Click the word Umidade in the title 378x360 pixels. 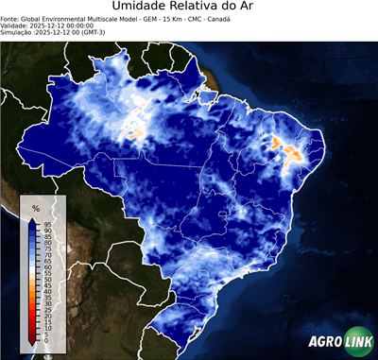[x=141, y=9]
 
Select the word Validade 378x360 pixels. [x=16, y=26]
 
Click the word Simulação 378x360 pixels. [x=18, y=32]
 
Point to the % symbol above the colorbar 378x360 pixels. [x=36, y=207]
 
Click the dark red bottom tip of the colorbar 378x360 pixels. [x=32, y=343]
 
